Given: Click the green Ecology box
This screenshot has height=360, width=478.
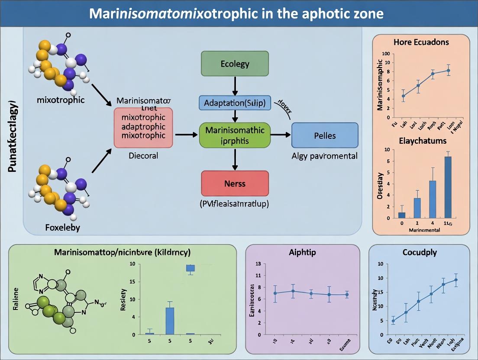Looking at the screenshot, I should coord(235,64).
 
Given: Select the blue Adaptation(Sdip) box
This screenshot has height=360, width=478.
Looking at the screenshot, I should coord(234,103).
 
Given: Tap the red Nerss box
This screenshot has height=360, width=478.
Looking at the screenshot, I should coord(235,183).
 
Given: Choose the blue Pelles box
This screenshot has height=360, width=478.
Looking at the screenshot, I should coord(325,135).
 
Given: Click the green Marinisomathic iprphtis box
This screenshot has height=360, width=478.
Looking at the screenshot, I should coord(234,135).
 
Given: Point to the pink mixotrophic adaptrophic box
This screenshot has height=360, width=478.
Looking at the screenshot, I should coord(143,129).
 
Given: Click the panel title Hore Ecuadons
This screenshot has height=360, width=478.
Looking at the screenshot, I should coord(421,42).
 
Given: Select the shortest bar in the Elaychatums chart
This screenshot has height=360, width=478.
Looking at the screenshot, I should coord(402,215).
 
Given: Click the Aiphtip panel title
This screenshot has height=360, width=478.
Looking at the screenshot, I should coord(302,253).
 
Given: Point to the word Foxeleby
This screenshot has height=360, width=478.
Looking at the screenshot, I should coord(62,227).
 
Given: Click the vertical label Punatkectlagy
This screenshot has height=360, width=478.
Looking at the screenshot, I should coord(13,136).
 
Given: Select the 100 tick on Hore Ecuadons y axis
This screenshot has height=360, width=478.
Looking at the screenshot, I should coord(385,54).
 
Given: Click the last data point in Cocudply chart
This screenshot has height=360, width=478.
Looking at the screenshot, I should coord(455,280).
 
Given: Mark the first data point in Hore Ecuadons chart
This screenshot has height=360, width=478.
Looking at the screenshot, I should coord(404,96).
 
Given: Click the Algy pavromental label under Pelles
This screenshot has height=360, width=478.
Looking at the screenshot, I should coord(325,156).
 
